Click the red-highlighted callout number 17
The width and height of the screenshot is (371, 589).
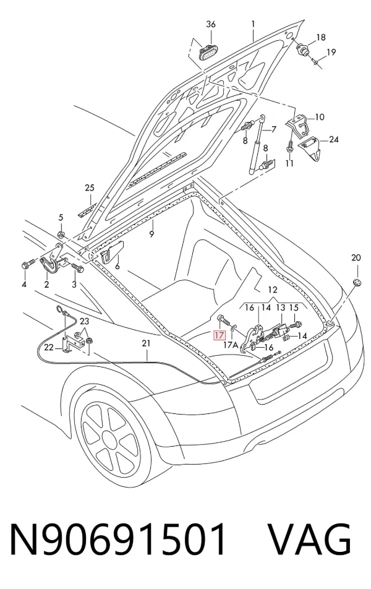point(219,335)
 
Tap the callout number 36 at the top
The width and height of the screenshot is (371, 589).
point(211,24)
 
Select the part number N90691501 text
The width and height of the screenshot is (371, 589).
point(118,539)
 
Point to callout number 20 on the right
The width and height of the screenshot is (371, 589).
point(356,257)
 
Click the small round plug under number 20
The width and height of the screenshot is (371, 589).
point(356,283)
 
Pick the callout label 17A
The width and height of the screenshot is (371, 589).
point(231,345)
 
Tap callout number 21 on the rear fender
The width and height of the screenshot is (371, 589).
point(146,343)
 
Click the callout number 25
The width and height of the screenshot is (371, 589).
point(90,188)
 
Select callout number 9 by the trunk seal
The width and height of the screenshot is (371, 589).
point(151,234)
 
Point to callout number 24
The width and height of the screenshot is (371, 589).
point(333,140)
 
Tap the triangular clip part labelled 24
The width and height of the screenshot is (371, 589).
point(310,147)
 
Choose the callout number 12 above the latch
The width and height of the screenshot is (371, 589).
point(273,290)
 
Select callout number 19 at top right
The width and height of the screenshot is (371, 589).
point(331,52)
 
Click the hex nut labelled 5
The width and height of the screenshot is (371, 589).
point(62,235)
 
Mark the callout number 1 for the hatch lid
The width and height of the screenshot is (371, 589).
point(253,24)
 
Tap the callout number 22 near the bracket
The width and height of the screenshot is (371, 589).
point(49,348)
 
